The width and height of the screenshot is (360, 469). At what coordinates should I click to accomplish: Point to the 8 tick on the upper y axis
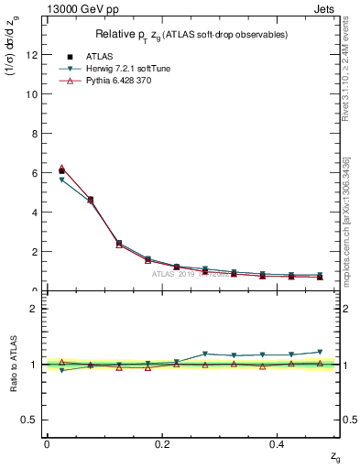coord(34,134)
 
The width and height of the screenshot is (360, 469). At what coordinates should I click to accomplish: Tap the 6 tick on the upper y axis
coord(34,173)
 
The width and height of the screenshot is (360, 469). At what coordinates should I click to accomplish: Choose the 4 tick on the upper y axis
coord(34,213)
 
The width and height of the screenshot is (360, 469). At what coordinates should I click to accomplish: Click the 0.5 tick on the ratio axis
coord(29,420)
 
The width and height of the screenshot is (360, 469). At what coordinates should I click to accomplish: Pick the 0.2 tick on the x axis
coord(162,444)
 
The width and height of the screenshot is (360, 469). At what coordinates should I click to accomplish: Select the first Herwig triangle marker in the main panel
coord(61,180)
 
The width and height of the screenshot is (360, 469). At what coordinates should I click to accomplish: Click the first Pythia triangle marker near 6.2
coord(61,169)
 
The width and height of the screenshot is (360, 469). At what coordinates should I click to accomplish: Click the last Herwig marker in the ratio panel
coord(320,352)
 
